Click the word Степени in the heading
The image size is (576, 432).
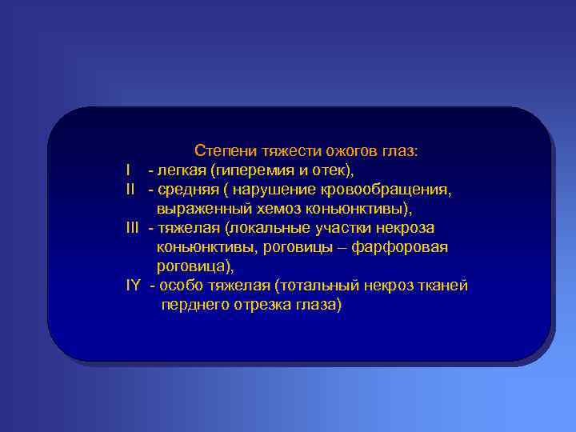219,151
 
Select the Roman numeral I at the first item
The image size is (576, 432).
128,170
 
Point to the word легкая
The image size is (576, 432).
181,170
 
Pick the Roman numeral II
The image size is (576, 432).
130,190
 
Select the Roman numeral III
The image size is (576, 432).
133,229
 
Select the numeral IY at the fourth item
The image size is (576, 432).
134,286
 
